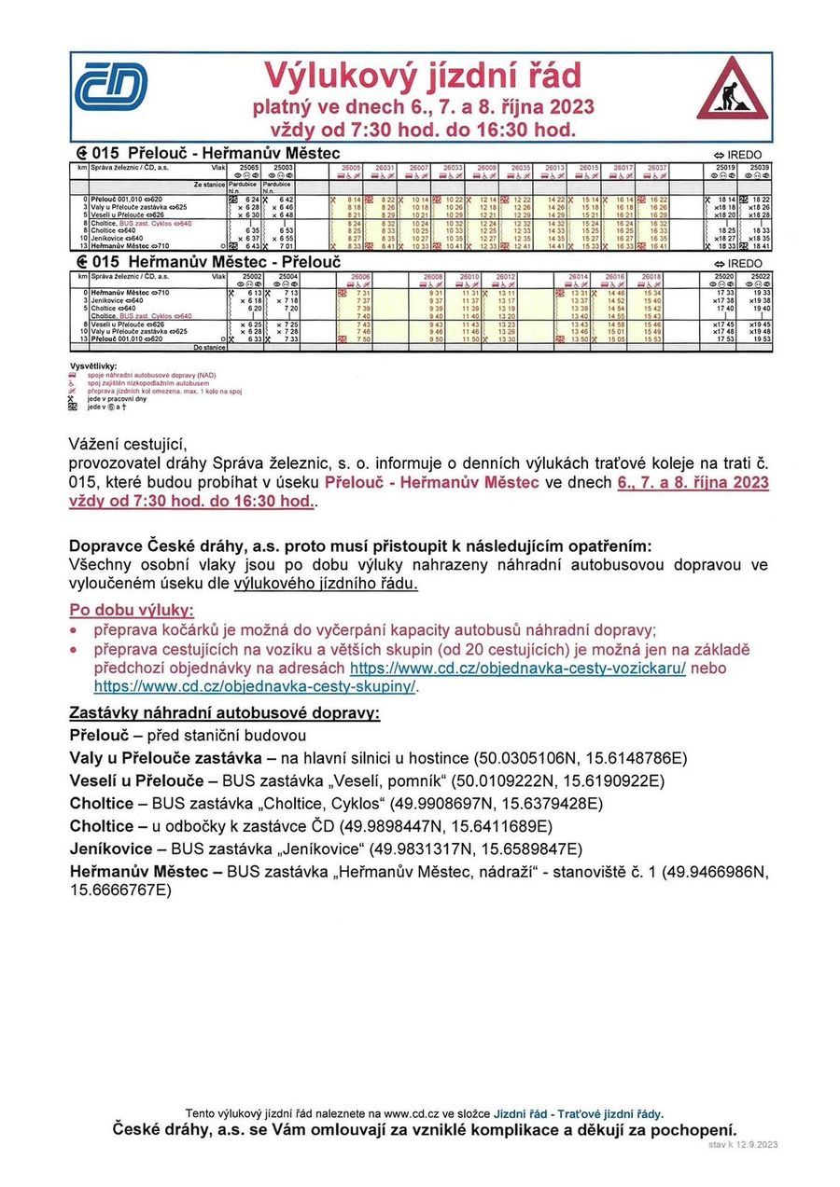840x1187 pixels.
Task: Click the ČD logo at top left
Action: point(111,88)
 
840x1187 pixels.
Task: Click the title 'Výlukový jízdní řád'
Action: point(423,74)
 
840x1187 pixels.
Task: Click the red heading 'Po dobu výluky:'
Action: point(133,611)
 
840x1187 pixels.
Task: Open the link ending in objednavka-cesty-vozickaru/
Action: point(518,669)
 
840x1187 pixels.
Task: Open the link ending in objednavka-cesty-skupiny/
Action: point(256,687)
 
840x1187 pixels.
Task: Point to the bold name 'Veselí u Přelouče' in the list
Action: point(139,780)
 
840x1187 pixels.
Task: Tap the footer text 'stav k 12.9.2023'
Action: point(743,1144)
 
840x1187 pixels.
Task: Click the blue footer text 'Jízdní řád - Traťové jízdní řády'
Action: point(579,1113)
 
